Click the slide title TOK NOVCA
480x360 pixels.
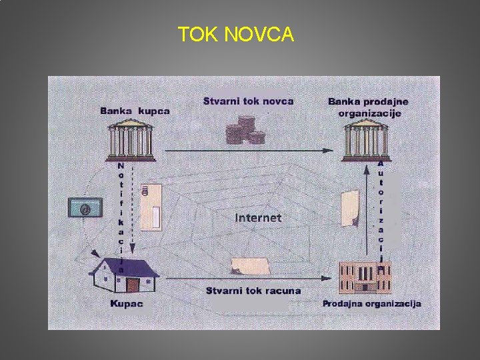click(x=235, y=34)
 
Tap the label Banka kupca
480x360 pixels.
click(x=135, y=111)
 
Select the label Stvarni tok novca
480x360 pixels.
click(x=249, y=101)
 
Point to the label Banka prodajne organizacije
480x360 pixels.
click(x=368, y=107)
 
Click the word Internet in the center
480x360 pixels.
click(x=258, y=217)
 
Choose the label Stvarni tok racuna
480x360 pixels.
click(x=253, y=291)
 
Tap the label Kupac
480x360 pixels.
click(x=126, y=303)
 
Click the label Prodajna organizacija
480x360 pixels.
click(x=371, y=303)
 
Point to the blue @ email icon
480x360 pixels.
click(x=85, y=207)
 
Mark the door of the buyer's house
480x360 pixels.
click(x=133, y=285)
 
